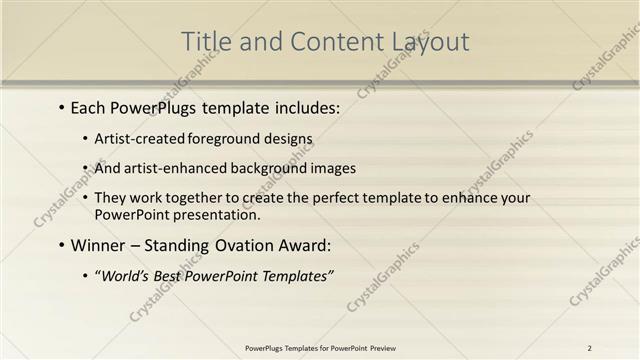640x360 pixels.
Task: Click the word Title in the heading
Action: click(x=205, y=42)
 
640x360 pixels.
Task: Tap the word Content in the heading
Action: click(x=328, y=42)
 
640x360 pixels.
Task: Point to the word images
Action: click(x=329, y=168)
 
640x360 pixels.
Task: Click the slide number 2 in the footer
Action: click(x=590, y=348)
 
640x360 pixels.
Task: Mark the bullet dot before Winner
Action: click(x=62, y=245)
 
